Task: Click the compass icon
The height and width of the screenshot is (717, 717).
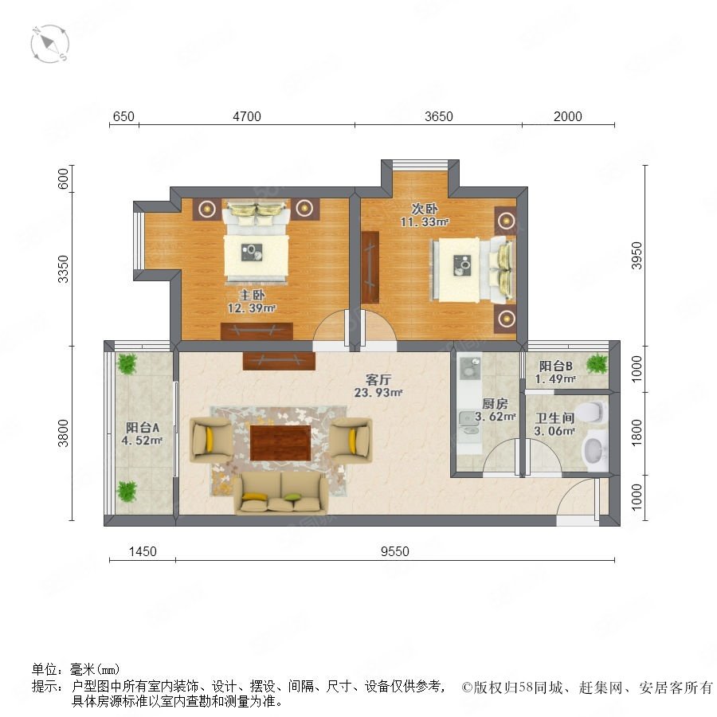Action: click(x=50, y=44)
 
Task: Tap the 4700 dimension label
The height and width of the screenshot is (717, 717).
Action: click(x=247, y=116)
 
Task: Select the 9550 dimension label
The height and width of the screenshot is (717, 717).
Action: click(x=395, y=551)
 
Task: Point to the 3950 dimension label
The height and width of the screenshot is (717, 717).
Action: click(x=637, y=256)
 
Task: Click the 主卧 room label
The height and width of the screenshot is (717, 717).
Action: click(x=252, y=296)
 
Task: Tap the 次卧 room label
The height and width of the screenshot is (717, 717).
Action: click(x=425, y=209)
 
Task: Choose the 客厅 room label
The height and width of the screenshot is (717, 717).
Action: click(x=378, y=379)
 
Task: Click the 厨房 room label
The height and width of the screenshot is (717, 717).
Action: click(x=495, y=404)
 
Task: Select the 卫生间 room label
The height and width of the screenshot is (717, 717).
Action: click(x=554, y=418)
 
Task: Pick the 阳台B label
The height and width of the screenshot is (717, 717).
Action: click(x=555, y=366)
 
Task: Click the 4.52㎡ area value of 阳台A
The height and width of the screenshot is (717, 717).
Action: click(x=143, y=441)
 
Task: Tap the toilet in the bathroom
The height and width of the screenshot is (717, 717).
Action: click(x=593, y=412)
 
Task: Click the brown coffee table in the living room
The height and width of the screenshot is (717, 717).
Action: click(x=280, y=443)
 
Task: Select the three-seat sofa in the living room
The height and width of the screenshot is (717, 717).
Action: click(x=280, y=493)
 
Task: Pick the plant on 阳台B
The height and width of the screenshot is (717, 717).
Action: click(x=597, y=363)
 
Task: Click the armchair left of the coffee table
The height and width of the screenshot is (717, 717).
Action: click(x=212, y=440)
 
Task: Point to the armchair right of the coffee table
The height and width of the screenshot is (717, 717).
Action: click(x=351, y=440)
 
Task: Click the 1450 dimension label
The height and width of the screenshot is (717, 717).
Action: click(x=143, y=551)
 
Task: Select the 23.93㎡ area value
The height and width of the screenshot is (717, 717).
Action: click(x=378, y=392)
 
